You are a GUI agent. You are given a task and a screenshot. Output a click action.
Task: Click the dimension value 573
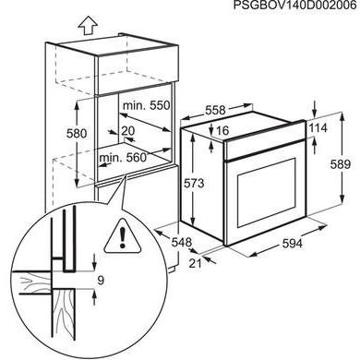[190, 184]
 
